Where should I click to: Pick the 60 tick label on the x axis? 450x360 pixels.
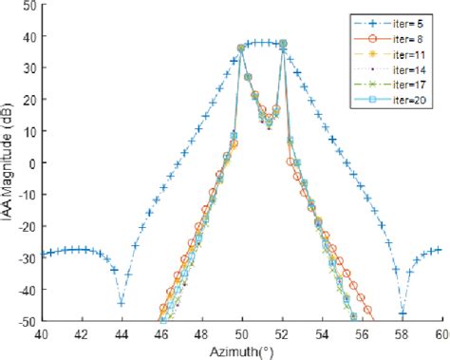point(441,334)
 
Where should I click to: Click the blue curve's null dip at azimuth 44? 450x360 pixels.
point(122,303)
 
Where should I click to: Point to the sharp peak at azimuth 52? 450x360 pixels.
point(282,44)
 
